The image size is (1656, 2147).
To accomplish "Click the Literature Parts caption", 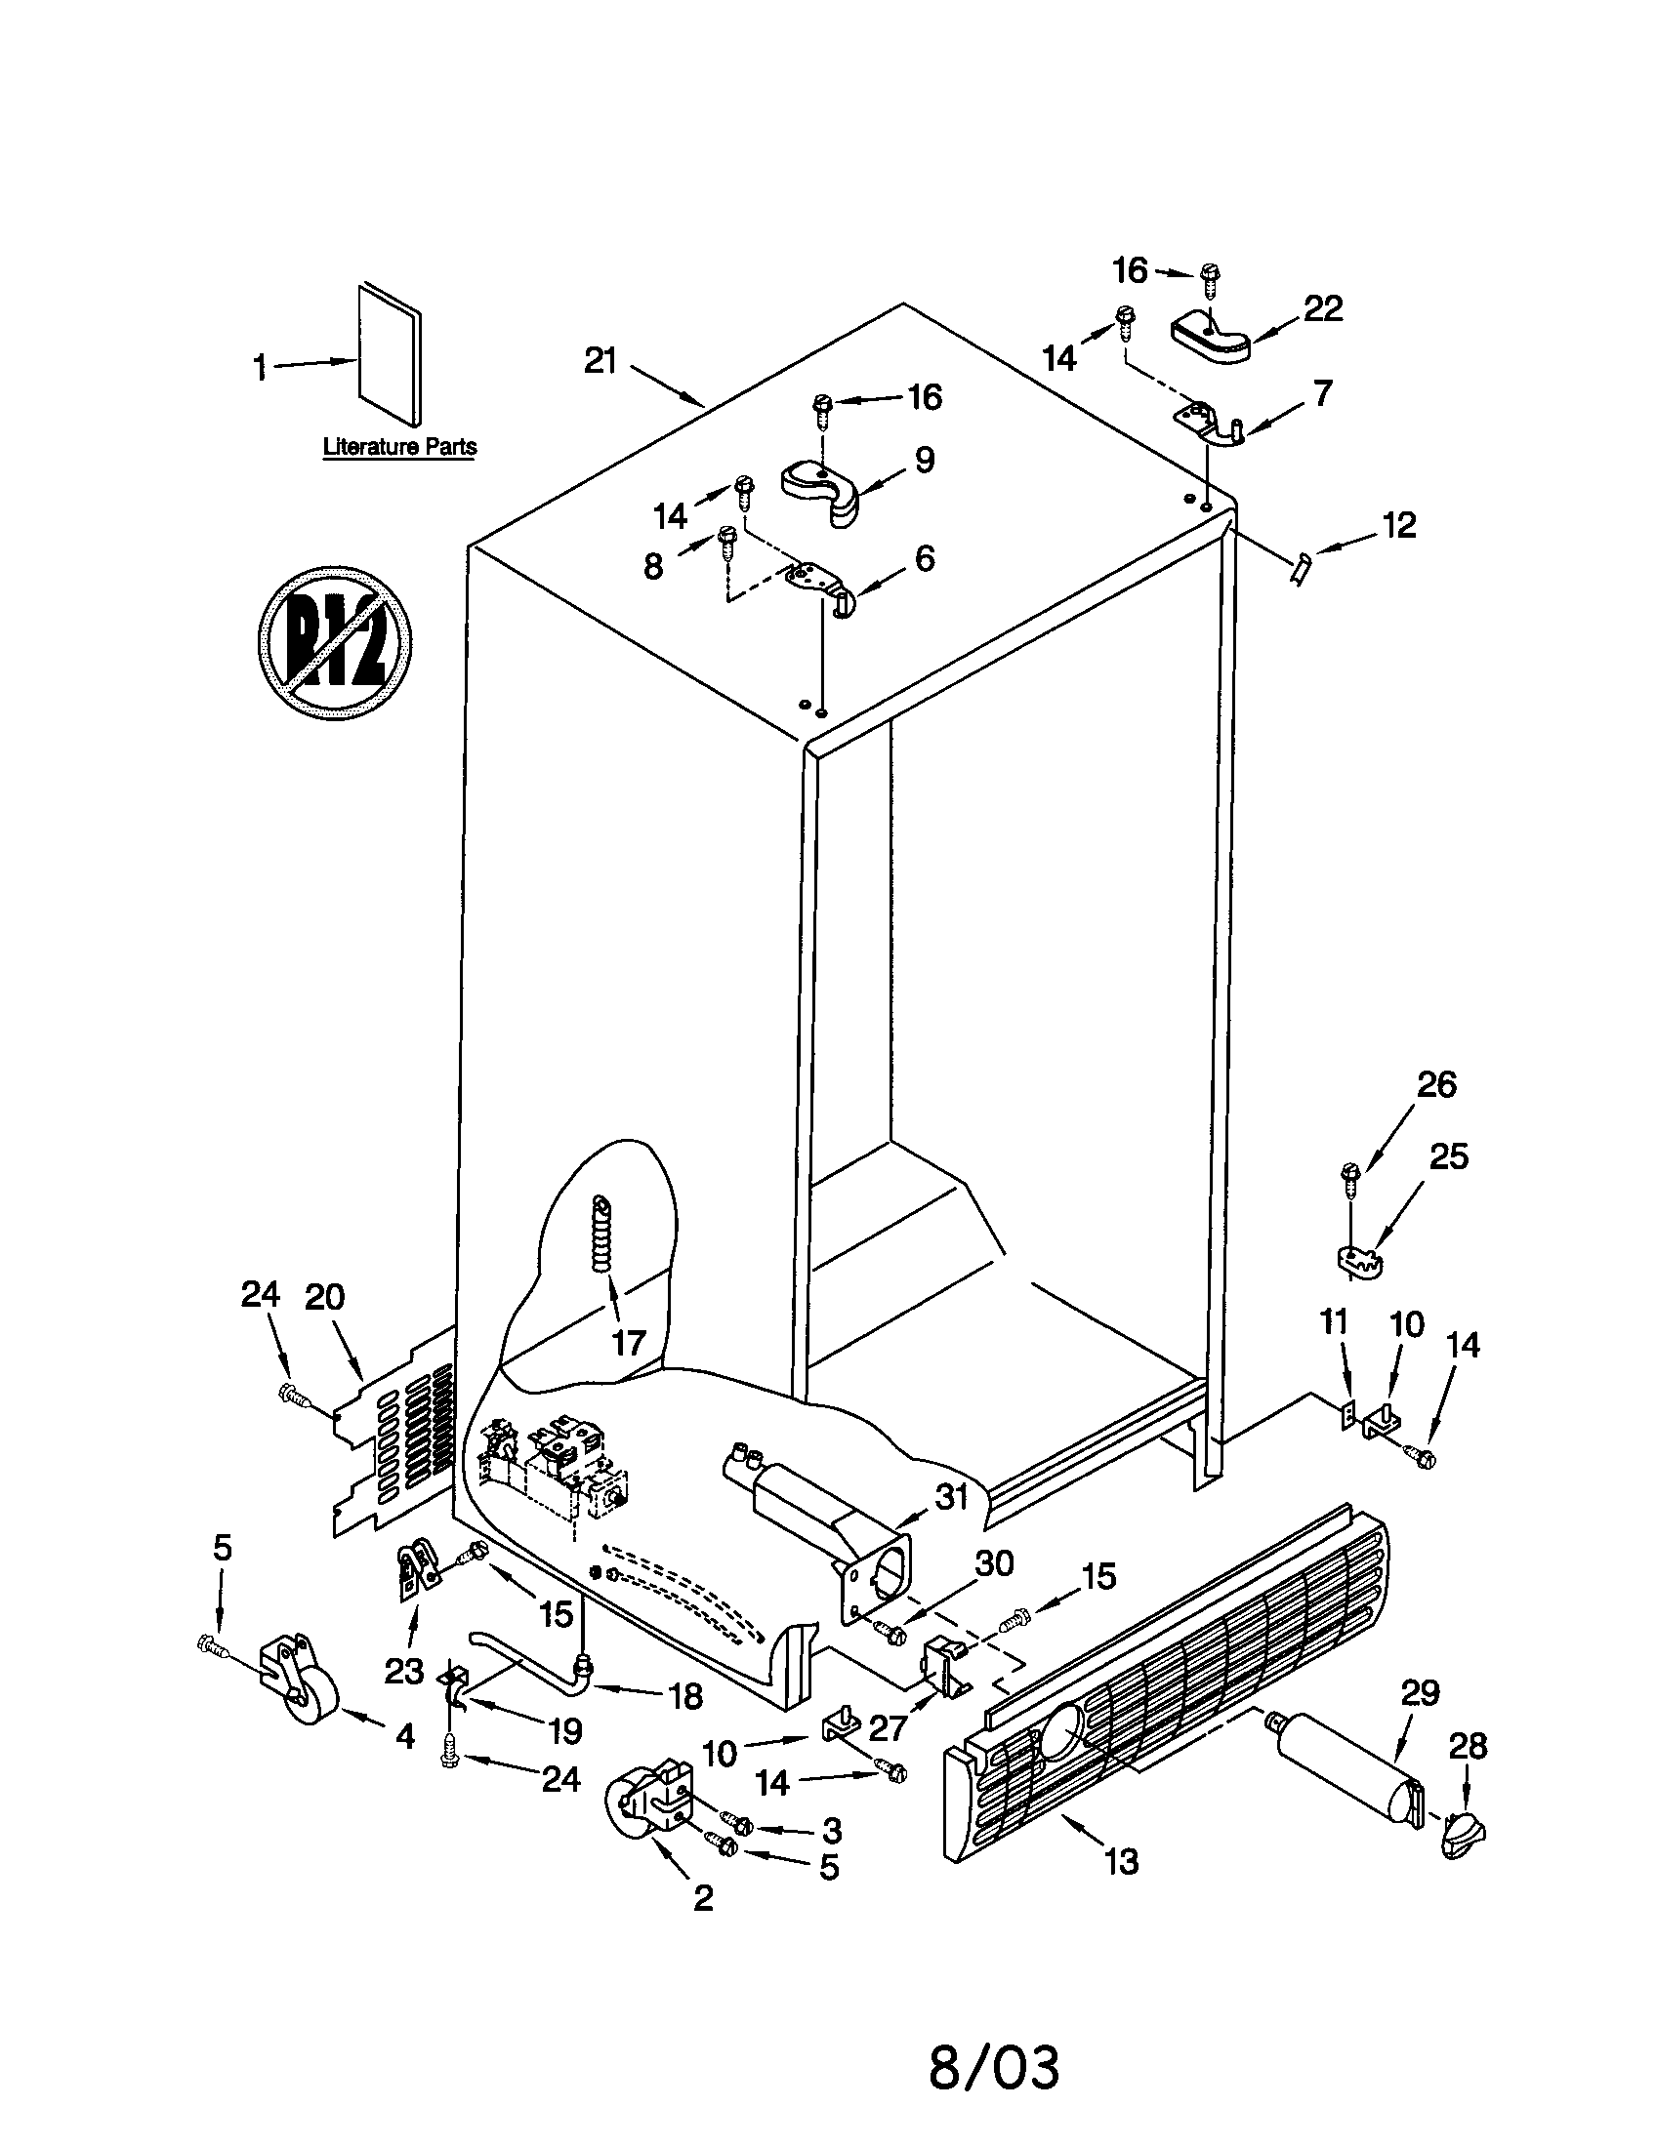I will tap(400, 446).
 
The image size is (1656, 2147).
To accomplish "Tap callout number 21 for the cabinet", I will tap(599, 361).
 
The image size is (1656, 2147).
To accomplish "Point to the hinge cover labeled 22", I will tap(1211, 340).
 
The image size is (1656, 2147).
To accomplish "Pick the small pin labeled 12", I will tap(1301, 567).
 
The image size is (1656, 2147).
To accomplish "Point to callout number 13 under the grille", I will tap(1122, 1860).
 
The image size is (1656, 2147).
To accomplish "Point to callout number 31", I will tap(951, 1497).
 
